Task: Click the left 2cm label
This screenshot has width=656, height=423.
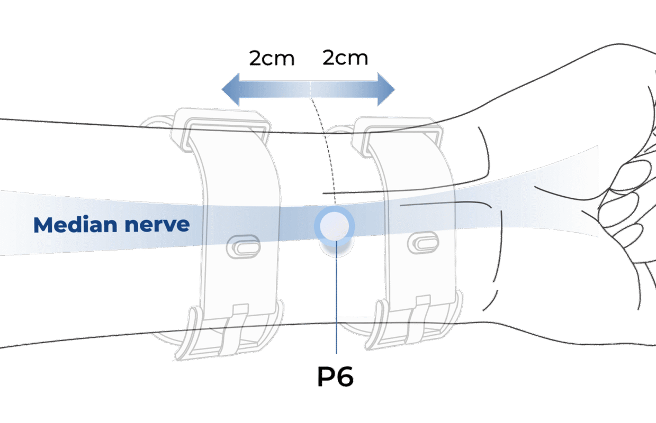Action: click(272, 58)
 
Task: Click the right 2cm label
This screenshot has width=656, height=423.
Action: click(345, 58)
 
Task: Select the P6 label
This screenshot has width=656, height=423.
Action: click(335, 376)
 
